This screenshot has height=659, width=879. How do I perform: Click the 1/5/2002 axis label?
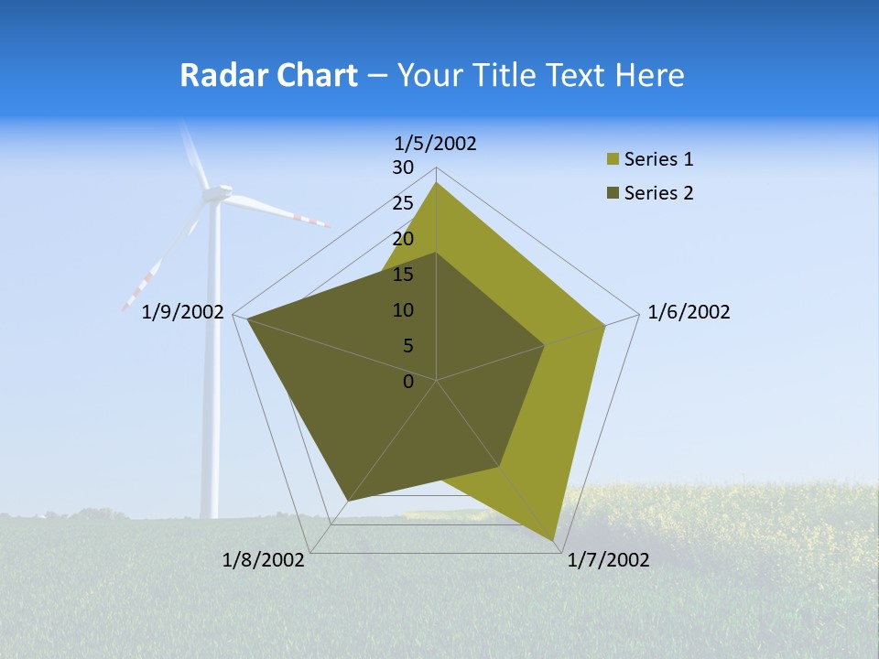436,144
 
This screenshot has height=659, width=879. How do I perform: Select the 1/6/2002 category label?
689,312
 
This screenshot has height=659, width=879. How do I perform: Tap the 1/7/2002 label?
608,560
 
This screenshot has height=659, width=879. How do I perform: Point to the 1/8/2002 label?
264,560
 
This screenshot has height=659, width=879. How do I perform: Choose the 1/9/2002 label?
183,312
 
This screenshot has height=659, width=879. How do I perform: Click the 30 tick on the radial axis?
403,167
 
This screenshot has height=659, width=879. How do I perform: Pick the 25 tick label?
403,203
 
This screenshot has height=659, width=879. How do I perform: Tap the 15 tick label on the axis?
403,275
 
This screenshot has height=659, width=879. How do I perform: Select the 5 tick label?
407,346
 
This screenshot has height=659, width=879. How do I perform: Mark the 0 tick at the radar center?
408,381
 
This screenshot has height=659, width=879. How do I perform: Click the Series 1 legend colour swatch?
613,160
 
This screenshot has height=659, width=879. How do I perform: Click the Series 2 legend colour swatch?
613,193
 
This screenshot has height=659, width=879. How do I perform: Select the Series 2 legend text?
658,193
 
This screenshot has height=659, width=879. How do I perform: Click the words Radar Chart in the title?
268,75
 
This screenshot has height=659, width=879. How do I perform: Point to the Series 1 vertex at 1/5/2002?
436,183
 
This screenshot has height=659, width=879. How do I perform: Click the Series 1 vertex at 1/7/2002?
553,540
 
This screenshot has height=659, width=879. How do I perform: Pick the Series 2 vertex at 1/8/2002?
348,501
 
